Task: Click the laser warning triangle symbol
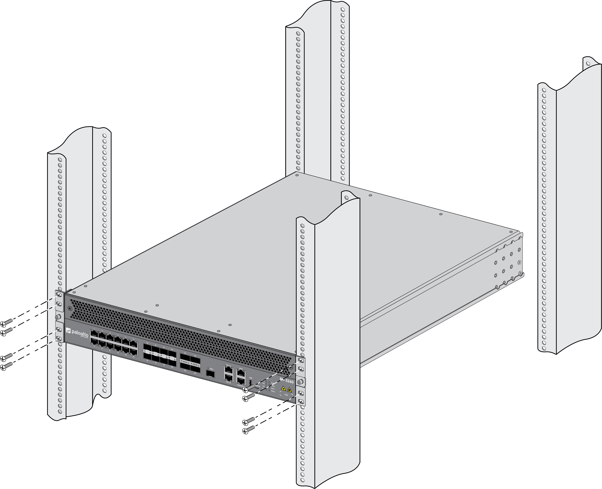click(x=283, y=389)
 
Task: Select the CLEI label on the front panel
click(x=286, y=395)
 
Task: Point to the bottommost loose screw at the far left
click(x=6, y=366)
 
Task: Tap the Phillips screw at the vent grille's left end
click(x=70, y=308)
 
